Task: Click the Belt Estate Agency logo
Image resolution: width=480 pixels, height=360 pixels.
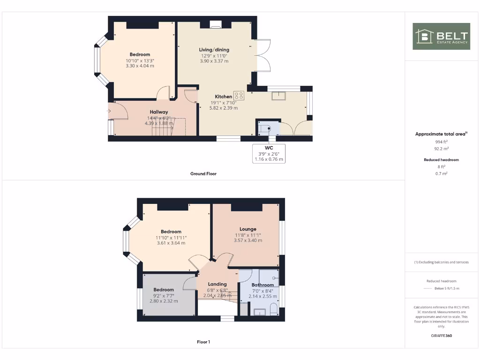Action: coord(441,37)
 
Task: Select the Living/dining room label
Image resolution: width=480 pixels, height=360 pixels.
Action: coord(214,50)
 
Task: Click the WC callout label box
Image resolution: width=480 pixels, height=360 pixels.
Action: coord(269,153)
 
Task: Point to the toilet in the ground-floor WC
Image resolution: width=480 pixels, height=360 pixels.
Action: coord(268,128)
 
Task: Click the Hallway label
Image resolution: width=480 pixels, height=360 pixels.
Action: coord(159,112)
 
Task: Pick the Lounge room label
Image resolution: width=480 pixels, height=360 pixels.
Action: coord(248,229)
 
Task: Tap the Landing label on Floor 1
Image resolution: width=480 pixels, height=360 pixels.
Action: coord(217,284)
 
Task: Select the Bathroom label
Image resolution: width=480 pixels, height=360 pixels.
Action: coord(262,285)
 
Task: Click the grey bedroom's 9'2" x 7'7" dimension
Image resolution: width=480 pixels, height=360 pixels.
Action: coord(164,295)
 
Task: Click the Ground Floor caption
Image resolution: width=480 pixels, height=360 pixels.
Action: coord(203,173)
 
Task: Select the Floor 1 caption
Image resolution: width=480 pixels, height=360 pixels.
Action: coord(203,342)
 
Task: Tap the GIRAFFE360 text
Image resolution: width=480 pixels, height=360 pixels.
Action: coord(441,336)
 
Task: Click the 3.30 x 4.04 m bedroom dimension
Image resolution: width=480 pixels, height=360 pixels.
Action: coord(140,66)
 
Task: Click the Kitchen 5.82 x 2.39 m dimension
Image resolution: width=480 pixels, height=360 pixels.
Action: coord(224,108)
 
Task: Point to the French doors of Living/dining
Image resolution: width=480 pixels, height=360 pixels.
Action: coord(262,55)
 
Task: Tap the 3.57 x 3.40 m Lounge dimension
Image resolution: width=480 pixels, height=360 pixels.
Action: coord(248,240)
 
